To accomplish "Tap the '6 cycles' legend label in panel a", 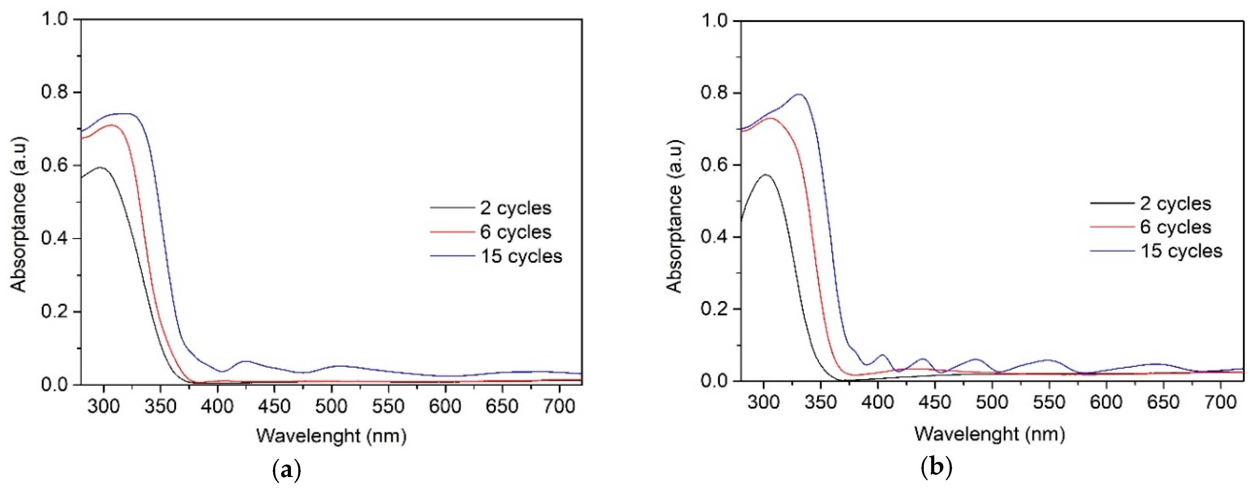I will (x=516, y=232).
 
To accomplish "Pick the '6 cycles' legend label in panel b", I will (x=1175, y=227).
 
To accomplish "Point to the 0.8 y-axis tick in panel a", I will (x=54, y=92).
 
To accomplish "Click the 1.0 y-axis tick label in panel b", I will (x=714, y=21).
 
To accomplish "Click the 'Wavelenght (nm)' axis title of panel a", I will (x=331, y=436).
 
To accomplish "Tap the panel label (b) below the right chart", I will (x=936, y=468).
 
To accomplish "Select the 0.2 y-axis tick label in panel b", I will (x=714, y=309).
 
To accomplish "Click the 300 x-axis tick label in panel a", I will (x=103, y=406).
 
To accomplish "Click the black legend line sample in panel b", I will (x=1112, y=203).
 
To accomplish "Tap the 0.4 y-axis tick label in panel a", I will (x=54, y=239).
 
